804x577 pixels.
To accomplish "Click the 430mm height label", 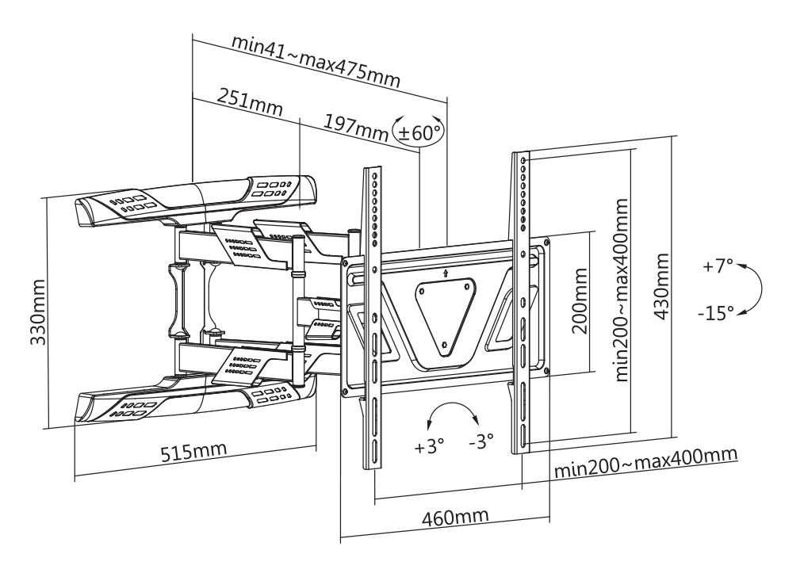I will pos(661,286).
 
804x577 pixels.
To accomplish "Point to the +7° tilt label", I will pos(718,266).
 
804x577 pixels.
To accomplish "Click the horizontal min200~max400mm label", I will pos(645,463).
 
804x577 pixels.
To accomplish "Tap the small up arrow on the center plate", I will pos(446,273).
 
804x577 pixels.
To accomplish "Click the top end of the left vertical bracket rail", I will pos(372,170).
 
